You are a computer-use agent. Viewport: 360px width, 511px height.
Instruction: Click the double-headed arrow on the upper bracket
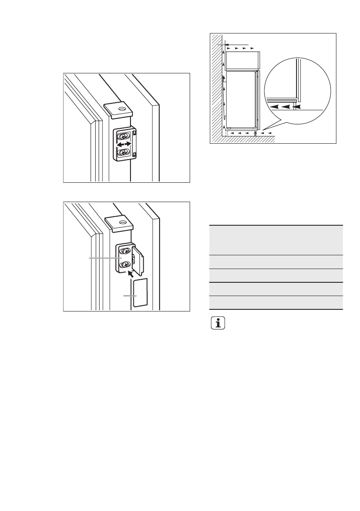click(x=124, y=145)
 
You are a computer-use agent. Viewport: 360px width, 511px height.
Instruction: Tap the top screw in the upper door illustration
click(x=124, y=136)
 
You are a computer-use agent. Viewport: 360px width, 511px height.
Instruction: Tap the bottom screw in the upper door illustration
click(x=124, y=152)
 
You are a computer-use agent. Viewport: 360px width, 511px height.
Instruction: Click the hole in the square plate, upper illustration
click(x=122, y=109)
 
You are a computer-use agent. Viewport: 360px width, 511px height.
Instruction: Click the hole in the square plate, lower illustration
click(x=122, y=223)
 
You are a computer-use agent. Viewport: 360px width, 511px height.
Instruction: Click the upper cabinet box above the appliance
click(x=242, y=60)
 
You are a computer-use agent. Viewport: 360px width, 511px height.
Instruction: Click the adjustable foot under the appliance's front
click(x=256, y=133)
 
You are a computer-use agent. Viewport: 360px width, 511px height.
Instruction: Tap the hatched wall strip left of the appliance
click(x=217, y=86)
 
